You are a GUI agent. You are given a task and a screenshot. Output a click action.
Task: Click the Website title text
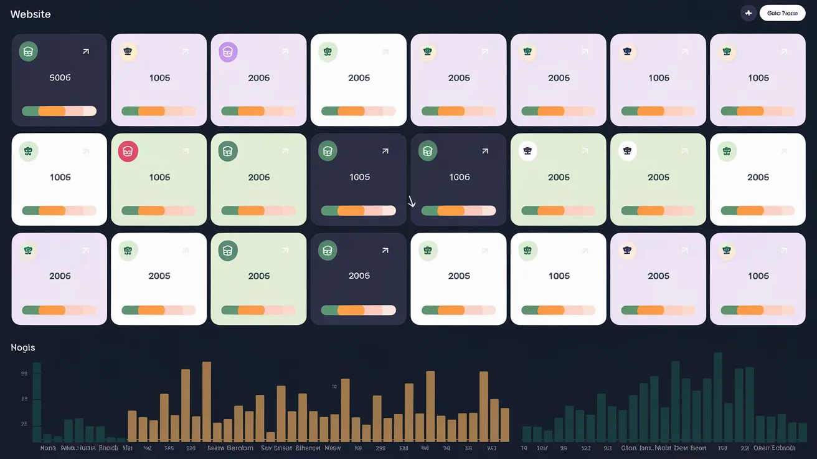pos(31,14)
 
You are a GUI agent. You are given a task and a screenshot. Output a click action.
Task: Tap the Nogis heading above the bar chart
pos(23,347)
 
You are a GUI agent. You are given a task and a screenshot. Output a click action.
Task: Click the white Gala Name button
pos(782,13)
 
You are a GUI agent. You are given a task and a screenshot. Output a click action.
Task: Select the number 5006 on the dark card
pos(60,78)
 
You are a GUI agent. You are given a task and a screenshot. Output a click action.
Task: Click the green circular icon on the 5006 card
pos(28,52)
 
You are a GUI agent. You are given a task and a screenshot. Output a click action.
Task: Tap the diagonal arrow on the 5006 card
pos(85,52)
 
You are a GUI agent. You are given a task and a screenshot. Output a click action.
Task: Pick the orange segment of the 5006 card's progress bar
pos(52,111)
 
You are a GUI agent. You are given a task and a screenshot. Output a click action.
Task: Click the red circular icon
pos(128,151)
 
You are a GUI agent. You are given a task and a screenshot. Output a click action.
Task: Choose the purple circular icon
pos(228,52)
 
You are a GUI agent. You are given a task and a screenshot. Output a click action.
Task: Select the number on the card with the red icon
pos(159,178)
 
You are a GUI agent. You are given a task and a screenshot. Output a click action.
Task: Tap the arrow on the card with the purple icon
pos(285,52)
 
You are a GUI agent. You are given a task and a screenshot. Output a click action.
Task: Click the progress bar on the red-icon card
pos(159,211)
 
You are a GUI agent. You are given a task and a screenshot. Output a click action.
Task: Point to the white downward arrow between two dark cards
pos(411,201)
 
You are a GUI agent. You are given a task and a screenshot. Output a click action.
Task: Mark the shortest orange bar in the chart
pos(270,437)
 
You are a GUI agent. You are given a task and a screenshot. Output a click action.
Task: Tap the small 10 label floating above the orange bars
pos(334,387)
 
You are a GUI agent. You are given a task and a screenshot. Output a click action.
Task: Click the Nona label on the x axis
pos(48,448)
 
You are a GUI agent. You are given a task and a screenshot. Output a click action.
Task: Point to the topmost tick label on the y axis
pos(24,374)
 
